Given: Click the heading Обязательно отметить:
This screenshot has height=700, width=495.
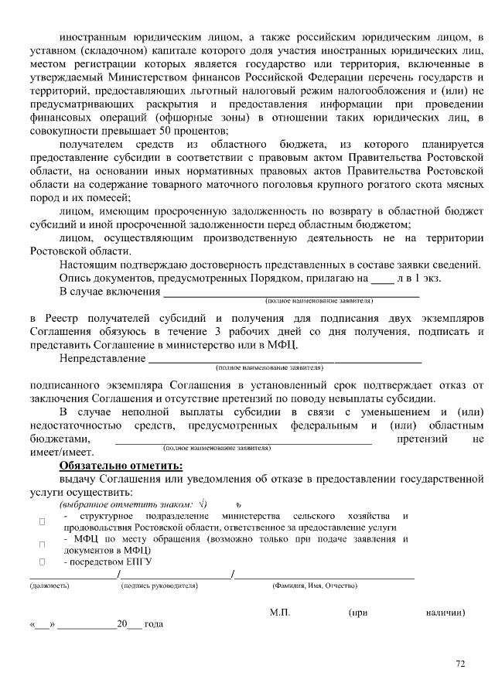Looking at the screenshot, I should (121, 466).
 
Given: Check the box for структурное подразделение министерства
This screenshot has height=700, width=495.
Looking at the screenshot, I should (43, 521).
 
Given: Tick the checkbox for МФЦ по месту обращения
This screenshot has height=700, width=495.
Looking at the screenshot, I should (43, 544).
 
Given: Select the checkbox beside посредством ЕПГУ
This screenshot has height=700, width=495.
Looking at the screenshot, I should (43, 560).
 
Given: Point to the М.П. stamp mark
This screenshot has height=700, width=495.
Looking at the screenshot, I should (280, 613).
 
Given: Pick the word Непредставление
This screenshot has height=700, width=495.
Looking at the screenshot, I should (102, 358).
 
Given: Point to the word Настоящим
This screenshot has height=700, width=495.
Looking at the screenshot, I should (88, 264).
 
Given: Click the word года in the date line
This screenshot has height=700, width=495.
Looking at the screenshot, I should (154, 624).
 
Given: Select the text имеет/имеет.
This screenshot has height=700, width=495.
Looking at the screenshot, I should (61, 452).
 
